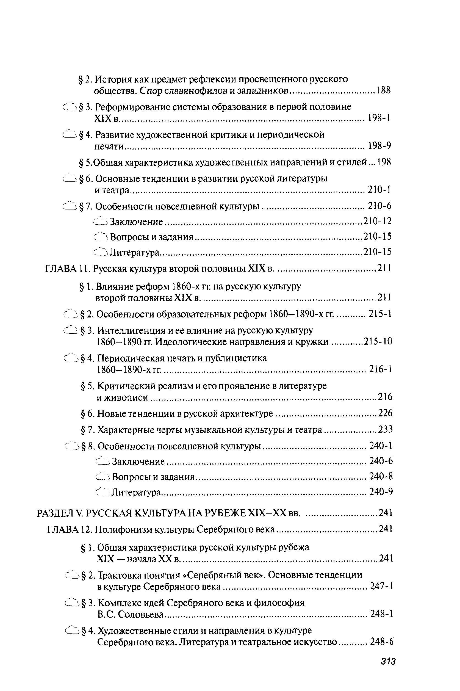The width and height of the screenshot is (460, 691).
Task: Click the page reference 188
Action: click(x=384, y=91)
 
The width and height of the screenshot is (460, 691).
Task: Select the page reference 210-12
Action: click(x=377, y=221)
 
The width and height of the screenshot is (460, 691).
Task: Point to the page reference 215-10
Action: click(x=378, y=342)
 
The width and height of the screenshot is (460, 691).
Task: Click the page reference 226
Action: click(x=385, y=413)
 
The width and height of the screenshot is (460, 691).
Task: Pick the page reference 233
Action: click(x=385, y=430)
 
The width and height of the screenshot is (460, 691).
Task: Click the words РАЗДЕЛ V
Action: click(x=60, y=513)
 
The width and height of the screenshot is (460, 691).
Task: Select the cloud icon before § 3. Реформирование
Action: click(x=70, y=107)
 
